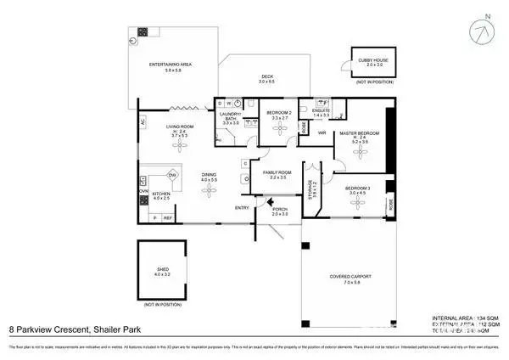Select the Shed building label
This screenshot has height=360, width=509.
tap(163, 271)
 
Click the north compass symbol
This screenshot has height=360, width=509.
tap(484, 35)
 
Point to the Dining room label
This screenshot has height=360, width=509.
tap(209, 177)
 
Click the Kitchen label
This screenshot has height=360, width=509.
tap(161, 194)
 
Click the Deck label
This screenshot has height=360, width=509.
tap(267, 78)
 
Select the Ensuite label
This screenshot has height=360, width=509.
tap(321, 110)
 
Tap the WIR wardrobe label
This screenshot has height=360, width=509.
tap(322, 132)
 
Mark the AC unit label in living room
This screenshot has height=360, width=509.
tap(143, 122)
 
